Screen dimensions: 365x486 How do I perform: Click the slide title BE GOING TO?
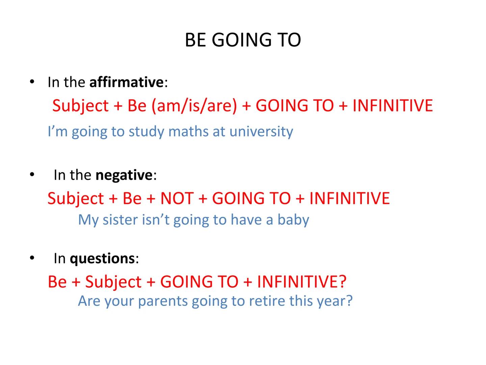point(243,40)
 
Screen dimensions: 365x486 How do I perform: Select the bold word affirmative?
point(126,82)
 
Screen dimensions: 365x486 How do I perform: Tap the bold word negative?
point(124,175)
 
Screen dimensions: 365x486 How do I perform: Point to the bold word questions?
point(102,259)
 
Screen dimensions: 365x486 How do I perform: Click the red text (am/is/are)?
point(194,105)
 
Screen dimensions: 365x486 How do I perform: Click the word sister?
point(120,220)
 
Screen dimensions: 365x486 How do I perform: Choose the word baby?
point(293,220)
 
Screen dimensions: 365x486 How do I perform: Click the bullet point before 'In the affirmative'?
point(32,82)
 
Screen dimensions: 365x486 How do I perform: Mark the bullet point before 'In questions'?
point(32,258)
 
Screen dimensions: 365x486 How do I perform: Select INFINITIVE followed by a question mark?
point(301,282)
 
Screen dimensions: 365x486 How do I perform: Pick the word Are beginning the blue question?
point(89,301)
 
